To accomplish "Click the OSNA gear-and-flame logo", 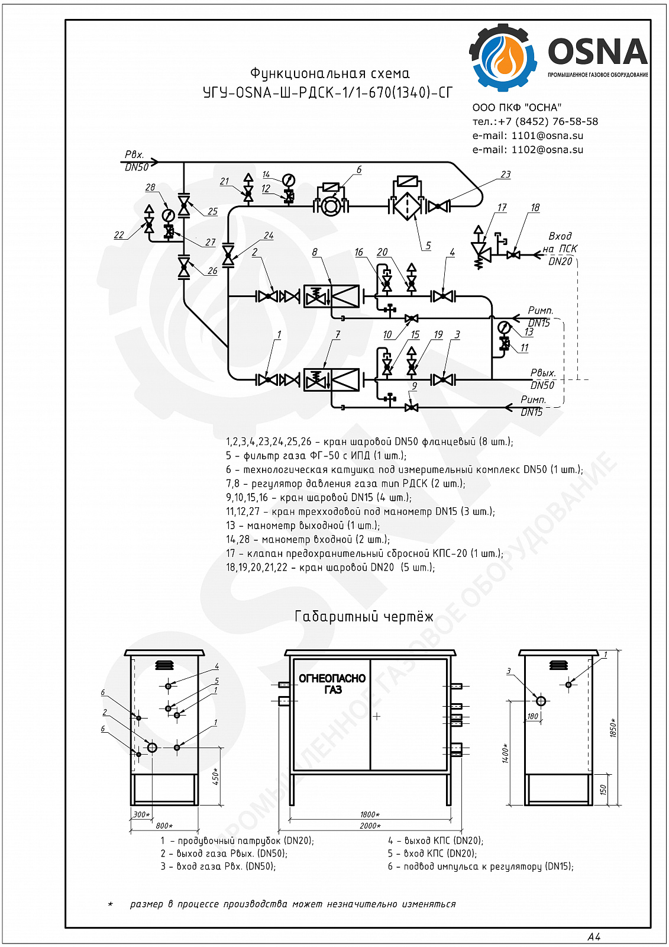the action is coord(503,58).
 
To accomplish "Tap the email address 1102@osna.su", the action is coord(547,150).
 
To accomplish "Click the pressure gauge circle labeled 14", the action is coord(289,180).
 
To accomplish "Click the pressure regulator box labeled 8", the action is coord(332,296).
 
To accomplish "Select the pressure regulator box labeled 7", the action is coord(332,379).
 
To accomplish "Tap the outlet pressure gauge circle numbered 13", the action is coord(504,327).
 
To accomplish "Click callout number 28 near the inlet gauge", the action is coord(150,187).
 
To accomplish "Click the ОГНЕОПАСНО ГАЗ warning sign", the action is coord(332,684).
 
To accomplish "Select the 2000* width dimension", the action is coord(370,825).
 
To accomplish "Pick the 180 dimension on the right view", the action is coord(533,716).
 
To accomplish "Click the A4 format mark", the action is coord(594,936).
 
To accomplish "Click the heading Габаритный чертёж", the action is coord(364,617).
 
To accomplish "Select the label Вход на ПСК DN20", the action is coord(560,249).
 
